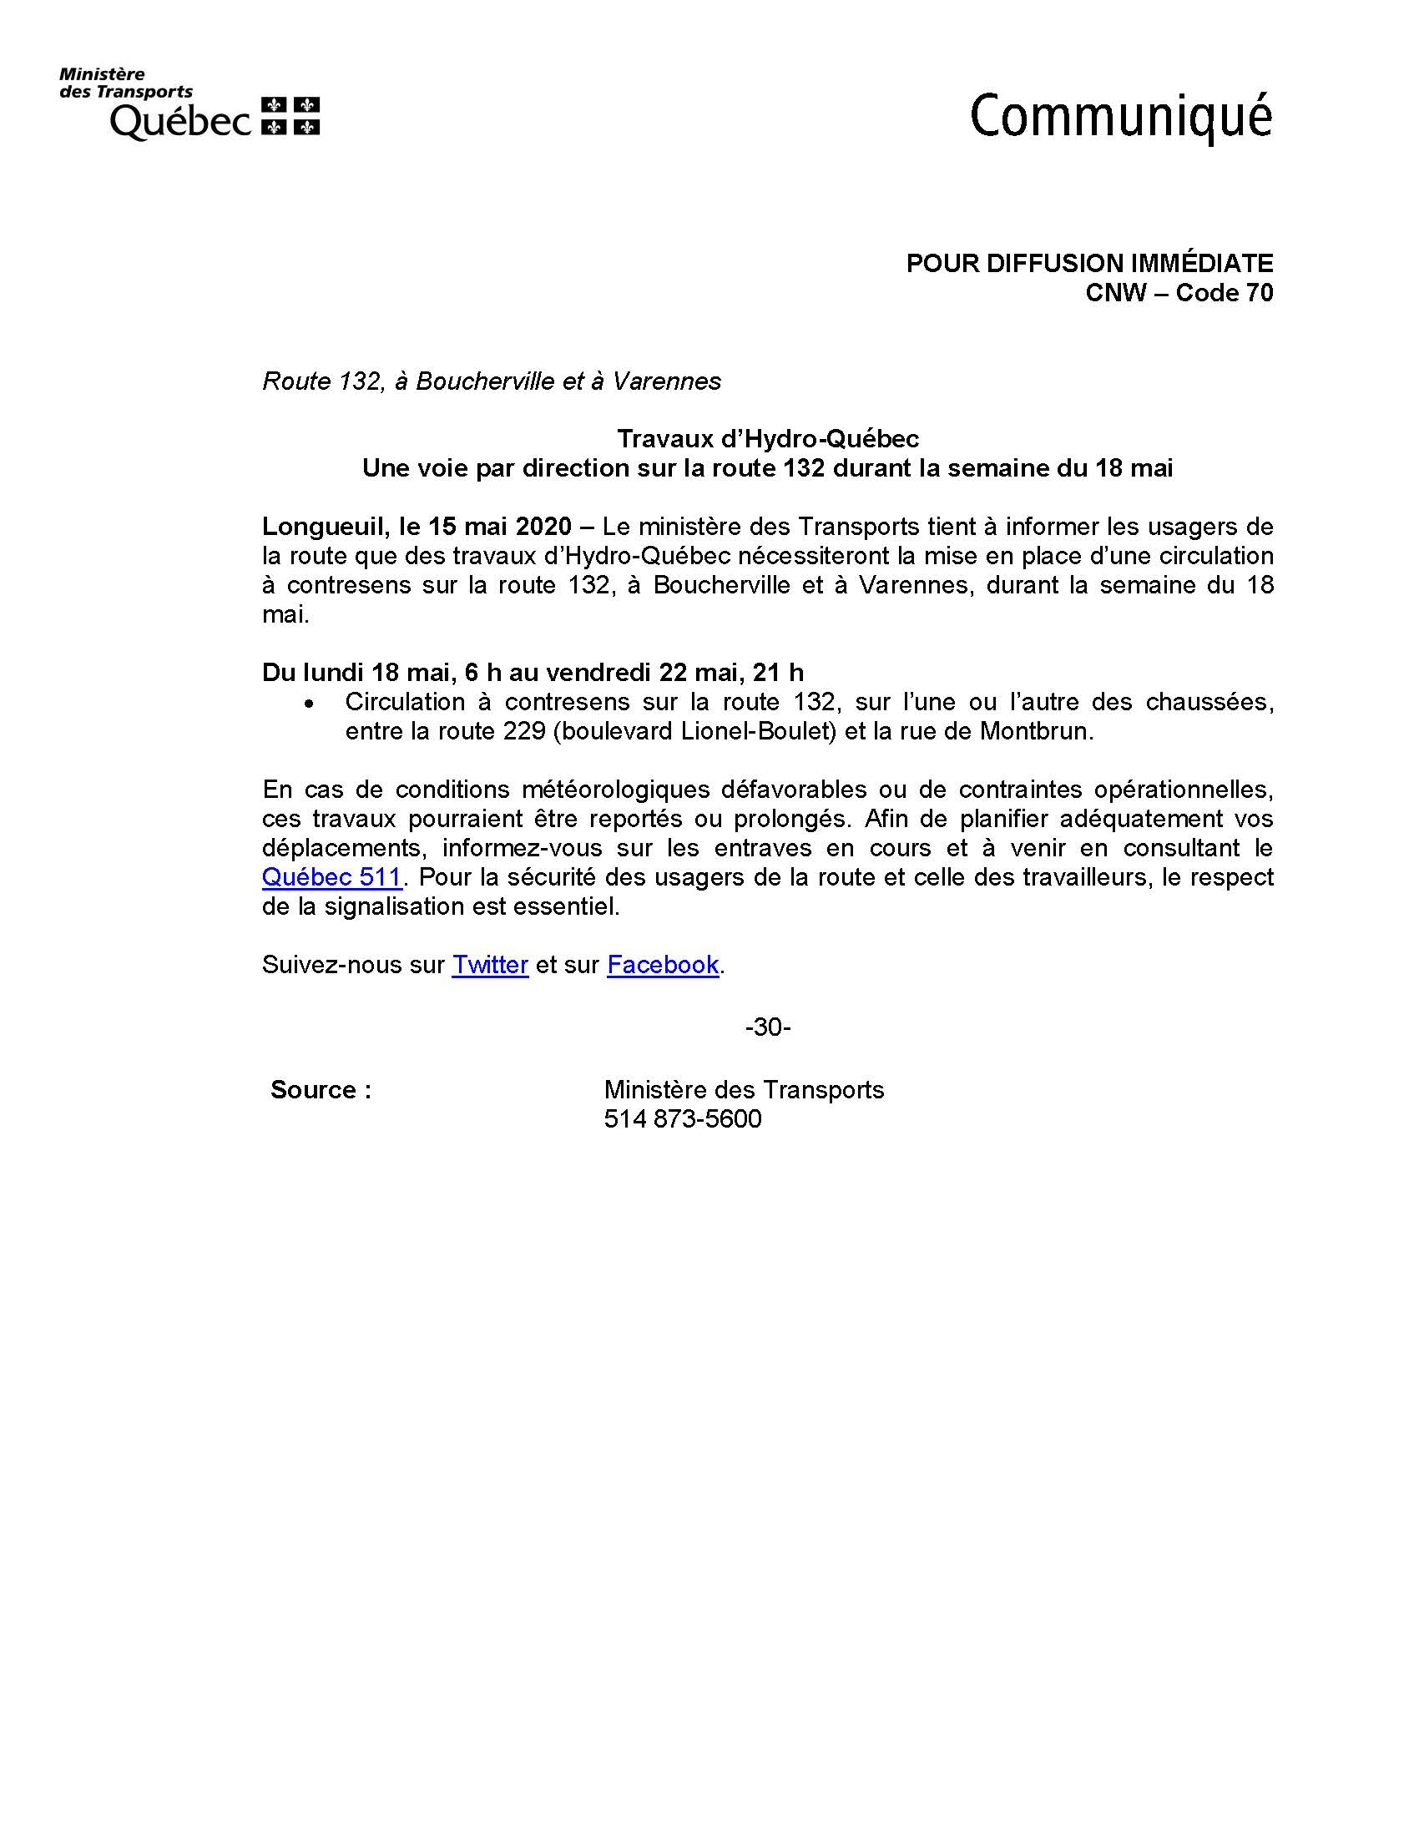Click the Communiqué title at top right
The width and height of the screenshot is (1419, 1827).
click(x=1120, y=118)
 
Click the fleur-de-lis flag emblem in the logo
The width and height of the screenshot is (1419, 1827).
click(x=290, y=116)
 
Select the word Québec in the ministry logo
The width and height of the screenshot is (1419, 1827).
click(x=180, y=121)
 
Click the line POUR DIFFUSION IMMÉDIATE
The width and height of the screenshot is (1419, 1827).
click(x=1089, y=264)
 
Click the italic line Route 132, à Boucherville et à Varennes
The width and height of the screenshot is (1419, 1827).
click(x=491, y=381)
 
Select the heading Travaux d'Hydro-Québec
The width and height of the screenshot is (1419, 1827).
click(x=767, y=439)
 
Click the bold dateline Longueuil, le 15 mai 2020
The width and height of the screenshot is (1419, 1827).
click(x=417, y=527)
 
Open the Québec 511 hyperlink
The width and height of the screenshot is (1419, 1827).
click(x=331, y=877)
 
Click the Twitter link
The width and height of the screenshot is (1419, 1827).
click(x=489, y=965)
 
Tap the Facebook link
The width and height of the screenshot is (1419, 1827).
click(x=663, y=965)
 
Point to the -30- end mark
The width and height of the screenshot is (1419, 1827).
click(x=767, y=1027)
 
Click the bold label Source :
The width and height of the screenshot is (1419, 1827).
click(x=321, y=1090)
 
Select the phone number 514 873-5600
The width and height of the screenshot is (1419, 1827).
click(x=683, y=1119)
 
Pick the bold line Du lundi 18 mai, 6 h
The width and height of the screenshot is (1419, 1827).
click(x=533, y=673)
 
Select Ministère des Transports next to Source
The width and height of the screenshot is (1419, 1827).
click(x=744, y=1090)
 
